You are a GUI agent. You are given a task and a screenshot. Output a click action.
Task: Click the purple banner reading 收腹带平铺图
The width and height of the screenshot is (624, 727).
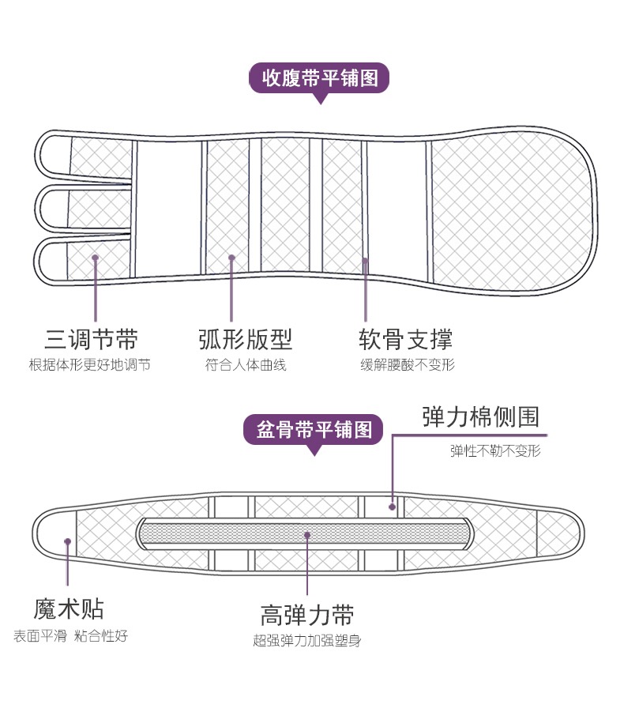click(x=320, y=78)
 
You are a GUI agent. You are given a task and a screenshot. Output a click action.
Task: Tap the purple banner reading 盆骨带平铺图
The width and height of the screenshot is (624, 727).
click(x=314, y=430)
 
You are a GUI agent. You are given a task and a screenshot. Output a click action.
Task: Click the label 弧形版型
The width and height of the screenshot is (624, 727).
click(x=246, y=340)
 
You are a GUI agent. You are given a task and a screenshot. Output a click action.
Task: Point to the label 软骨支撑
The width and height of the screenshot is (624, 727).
click(x=406, y=340)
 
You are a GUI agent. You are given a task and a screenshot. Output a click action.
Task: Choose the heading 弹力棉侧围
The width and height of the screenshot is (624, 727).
click(x=481, y=416)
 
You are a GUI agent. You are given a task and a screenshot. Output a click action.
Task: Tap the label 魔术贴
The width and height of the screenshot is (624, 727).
click(x=69, y=609)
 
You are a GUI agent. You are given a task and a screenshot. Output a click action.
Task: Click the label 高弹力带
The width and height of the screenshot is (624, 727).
click(x=307, y=615)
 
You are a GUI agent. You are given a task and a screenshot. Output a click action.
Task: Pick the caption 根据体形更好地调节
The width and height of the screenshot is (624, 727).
click(x=89, y=365)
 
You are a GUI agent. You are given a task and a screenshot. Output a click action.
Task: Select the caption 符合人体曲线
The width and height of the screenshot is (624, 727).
click(x=246, y=365)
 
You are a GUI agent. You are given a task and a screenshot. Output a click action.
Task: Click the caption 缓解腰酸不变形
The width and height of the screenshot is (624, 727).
click(x=407, y=365)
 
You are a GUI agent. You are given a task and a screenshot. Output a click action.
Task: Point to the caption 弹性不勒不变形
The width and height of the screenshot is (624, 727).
click(x=495, y=451)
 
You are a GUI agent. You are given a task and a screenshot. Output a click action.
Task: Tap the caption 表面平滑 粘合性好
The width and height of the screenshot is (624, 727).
click(x=70, y=636)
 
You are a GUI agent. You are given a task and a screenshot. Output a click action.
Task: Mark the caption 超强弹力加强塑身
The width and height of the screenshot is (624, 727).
click(x=307, y=641)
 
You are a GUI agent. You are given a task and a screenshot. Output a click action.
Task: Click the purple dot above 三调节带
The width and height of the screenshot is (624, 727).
click(x=95, y=257)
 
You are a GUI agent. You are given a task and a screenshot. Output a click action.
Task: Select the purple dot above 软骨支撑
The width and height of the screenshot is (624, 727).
click(x=365, y=259)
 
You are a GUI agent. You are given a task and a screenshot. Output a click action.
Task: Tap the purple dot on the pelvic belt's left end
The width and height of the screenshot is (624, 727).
click(x=68, y=541)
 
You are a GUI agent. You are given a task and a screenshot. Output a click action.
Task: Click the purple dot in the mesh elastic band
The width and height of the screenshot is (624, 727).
click(x=307, y=535)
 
